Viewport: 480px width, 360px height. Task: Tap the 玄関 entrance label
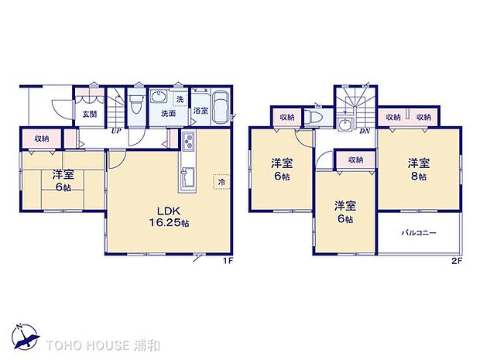coord(89,114)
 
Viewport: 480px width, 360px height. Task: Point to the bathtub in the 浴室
coord(219,106)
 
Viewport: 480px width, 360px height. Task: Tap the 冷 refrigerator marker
coord(222,181)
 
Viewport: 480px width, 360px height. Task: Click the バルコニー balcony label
coord(418,232)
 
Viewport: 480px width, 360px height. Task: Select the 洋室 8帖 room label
coord(418,170)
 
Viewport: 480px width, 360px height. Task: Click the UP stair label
coord(115,130)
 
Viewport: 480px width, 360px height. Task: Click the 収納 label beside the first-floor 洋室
coord(42,138)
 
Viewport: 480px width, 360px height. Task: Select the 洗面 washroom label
coord(167,114)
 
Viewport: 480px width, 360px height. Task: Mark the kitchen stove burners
coord(189,142)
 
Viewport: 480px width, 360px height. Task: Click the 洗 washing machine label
coord(179,99)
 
